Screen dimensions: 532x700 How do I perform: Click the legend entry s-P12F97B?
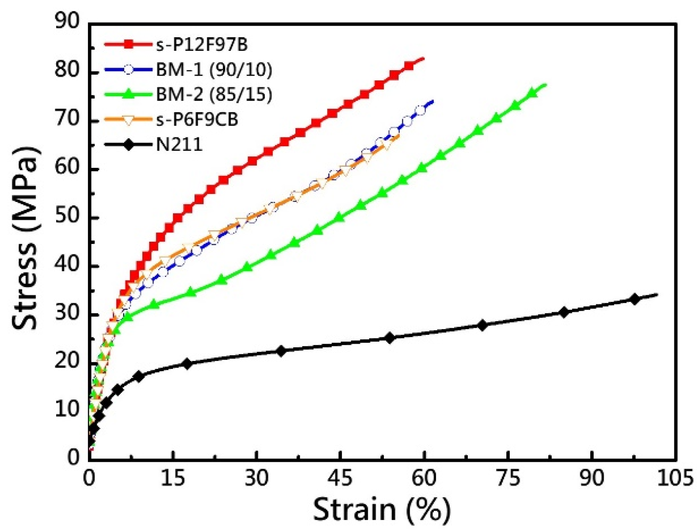[x=202, y=45]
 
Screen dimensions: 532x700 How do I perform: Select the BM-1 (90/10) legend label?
[x=214, y=69]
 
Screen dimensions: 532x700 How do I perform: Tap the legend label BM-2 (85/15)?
[x=214, y=95]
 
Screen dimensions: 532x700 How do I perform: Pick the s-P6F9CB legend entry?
[x=197, y=119]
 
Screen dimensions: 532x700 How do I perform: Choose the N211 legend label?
[x=179, y=144]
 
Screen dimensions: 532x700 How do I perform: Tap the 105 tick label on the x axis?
[x=675, y=479]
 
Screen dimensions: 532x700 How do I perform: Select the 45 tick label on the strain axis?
[x=340, y=479]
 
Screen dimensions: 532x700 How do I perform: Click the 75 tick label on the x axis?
[x=508, y=479]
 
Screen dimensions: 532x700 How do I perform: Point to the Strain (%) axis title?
[x=382, y=510]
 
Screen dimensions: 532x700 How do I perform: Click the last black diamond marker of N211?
[x=635, y=299]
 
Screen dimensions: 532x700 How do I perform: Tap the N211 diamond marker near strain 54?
[x=390, y=338]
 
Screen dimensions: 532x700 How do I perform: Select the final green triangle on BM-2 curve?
[x=532, y=92]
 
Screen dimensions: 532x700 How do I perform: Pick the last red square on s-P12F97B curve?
[x=409, y=66]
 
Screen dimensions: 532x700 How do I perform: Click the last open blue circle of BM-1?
[x=421, y=110]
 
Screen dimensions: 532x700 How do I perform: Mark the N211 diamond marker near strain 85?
[x=564, y=312]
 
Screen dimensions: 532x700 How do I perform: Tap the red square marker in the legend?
[x=128, y=45]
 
